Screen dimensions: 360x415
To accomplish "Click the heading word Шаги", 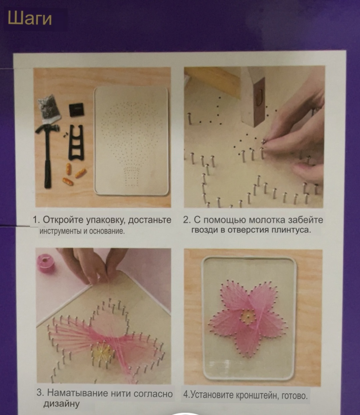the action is (x=30, y=19).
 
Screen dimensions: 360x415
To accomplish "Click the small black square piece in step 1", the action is (x=76, y=110).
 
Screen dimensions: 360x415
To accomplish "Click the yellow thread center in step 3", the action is (x=103, y=351).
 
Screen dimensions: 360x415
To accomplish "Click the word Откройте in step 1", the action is (x=63, y=220).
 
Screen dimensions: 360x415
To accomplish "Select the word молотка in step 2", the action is (x=267, y=220).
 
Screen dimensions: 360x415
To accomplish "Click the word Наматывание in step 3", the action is (x=78, y=393).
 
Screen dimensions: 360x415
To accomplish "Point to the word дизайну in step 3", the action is (x=61, y=404).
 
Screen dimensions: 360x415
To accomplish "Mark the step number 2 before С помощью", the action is (x=186, y=220).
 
